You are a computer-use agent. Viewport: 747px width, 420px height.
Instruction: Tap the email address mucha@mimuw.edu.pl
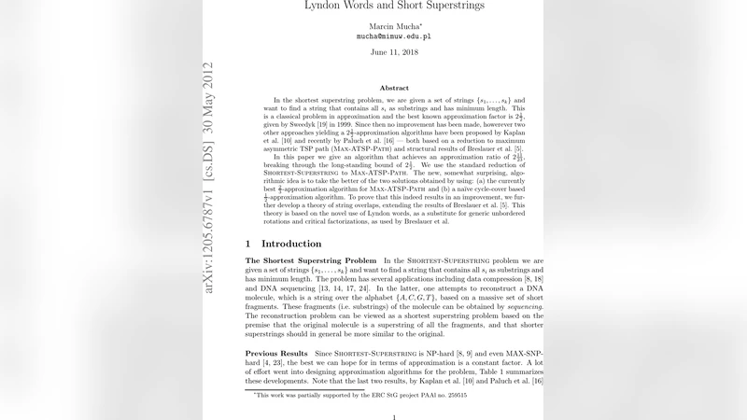coord(394,37)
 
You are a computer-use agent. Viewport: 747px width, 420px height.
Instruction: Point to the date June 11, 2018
coord(394,52)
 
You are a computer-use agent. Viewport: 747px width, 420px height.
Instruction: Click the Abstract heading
coord(394,87)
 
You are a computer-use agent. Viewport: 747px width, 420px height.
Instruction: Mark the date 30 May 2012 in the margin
coord(209,99)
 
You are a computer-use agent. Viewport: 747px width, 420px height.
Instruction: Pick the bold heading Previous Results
coord(276,354)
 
